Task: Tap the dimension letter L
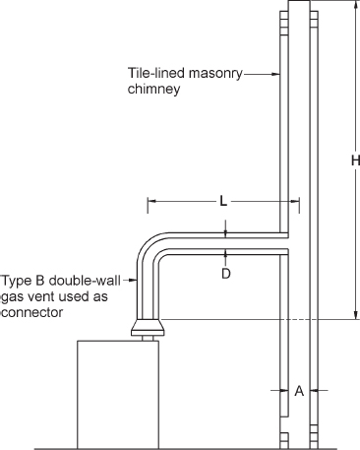(x=224, y=201)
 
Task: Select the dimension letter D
(x=225, y=274)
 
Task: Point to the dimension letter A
(x=299, y=391)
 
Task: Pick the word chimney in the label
(x=153, y=89)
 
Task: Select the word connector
(x=31, y=311)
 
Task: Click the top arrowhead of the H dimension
(x=353, y=6)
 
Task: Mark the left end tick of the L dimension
(x=148, y=205)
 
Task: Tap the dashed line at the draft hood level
(x=246, y=320)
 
